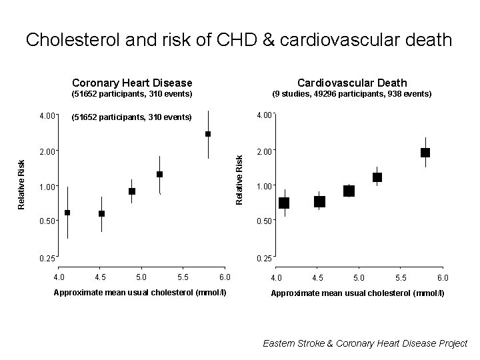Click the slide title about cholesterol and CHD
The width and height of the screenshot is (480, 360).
(x=239, y=40)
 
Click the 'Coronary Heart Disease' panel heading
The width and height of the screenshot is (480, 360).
(x=132, y=83)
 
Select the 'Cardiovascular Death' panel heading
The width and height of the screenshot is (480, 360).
(x=352, y=83)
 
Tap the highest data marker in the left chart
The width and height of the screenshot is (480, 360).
(x=208, y=134)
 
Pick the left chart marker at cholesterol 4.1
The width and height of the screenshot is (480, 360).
(x=67, y=213)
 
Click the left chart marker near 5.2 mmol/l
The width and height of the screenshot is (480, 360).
(x=160, y=175)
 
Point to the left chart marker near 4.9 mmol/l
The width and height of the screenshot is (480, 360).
(x=132, y=191)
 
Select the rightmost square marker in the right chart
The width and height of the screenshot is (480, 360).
(x=425, y=153)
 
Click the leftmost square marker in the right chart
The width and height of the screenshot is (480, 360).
(x=284, y=203)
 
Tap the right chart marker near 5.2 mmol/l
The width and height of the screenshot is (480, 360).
(x=377, y=177)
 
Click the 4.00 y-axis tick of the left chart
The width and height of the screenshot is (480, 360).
(x=47, y=117)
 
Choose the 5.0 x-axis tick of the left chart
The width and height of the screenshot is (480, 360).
(x=141, y=277)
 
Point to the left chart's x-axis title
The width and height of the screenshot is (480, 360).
(x=140, y=293)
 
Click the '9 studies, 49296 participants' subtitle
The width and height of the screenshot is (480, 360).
(x=352, y=95)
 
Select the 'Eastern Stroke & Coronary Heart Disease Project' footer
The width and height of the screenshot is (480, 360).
(x=365, y=343)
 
